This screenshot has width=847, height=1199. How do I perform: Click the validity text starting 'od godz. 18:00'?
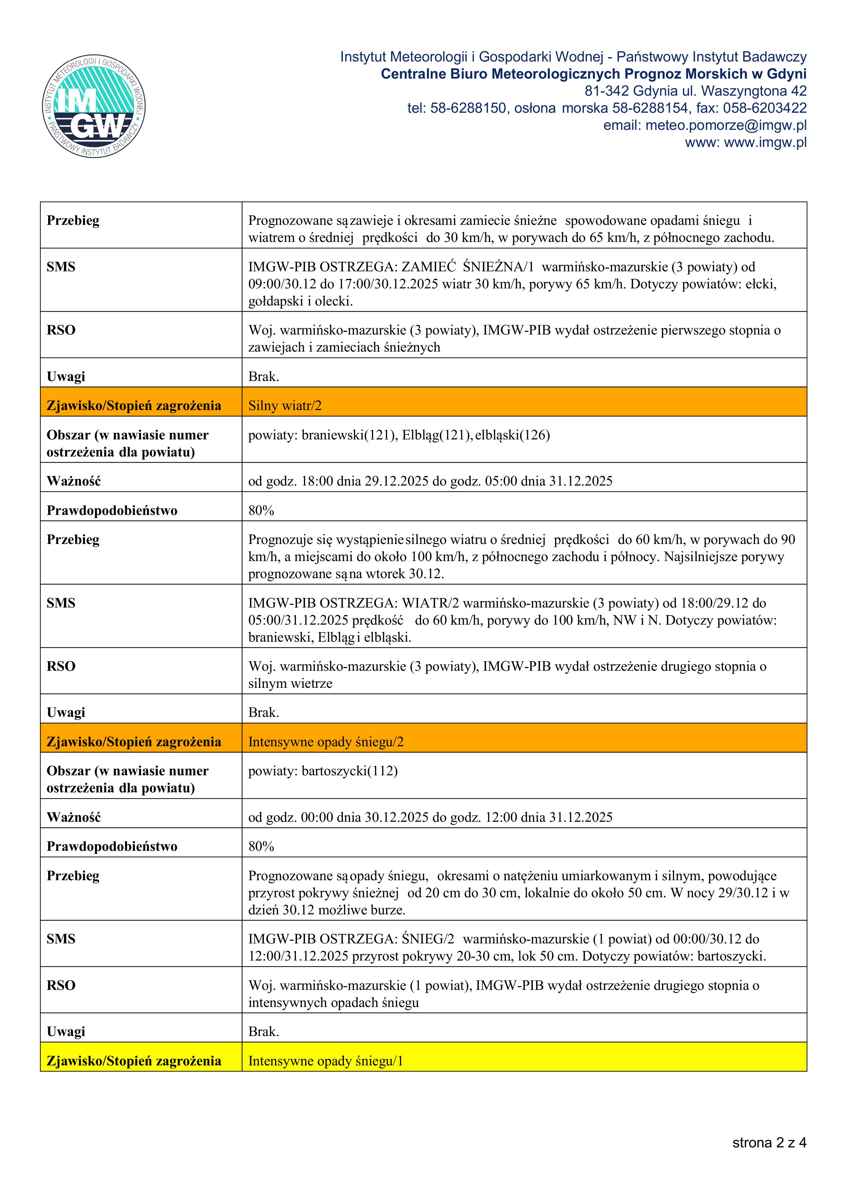click(x=430, y=481)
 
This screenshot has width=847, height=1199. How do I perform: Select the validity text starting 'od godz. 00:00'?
click(x=430, y=817)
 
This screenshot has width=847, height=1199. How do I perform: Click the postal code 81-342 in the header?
click(x=606, y=91)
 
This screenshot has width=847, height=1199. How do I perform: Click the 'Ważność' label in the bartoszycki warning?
click(x=73, y=817)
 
